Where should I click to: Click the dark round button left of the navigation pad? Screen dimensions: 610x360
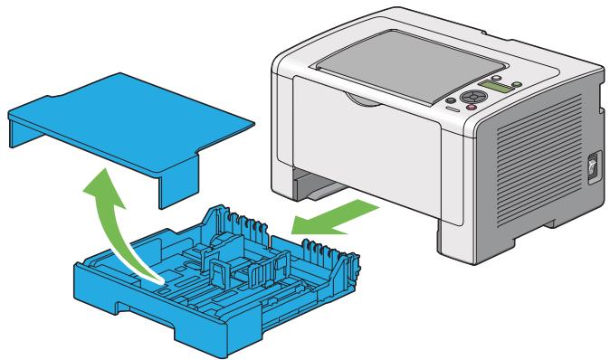tap(453, 99)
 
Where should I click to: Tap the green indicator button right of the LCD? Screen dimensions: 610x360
tap(516, 83)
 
